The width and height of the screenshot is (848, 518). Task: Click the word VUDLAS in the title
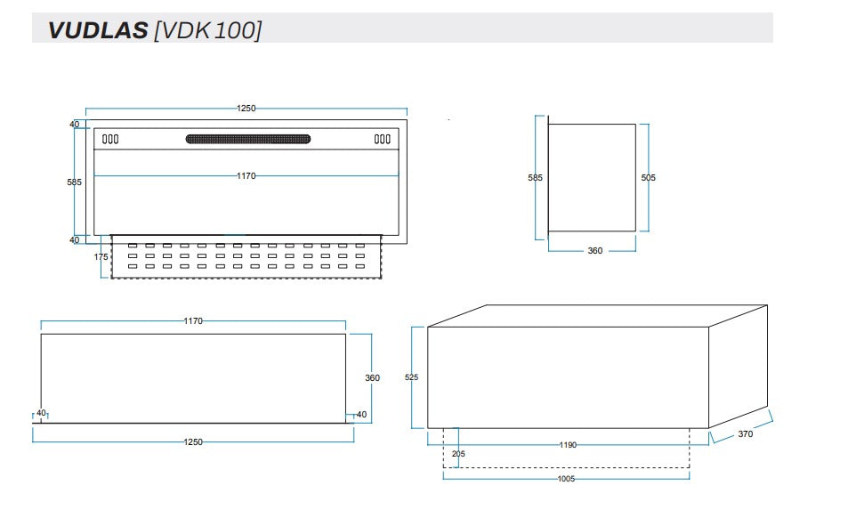98,30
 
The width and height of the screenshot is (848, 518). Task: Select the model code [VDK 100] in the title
208,30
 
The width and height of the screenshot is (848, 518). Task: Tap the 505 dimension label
648,178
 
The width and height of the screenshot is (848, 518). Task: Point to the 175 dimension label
101,256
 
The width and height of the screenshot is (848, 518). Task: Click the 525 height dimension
411,377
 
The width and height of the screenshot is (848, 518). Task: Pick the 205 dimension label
457,454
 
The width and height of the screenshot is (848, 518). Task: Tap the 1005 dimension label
565,479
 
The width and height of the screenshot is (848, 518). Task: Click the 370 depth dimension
745,434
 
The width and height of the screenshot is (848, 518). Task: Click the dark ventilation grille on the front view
248,139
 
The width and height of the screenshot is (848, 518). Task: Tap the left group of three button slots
110,139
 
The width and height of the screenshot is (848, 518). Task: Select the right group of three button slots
382,139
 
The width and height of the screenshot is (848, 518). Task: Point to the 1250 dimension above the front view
246,109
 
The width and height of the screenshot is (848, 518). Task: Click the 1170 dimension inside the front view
246,176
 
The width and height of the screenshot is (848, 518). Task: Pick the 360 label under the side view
594,251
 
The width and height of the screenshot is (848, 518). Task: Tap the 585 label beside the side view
535,178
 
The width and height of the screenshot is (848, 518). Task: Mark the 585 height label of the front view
75,182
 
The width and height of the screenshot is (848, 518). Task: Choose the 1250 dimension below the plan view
193,442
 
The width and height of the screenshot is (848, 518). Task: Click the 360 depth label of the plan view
372,378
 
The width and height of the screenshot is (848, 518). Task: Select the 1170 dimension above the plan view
193,320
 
